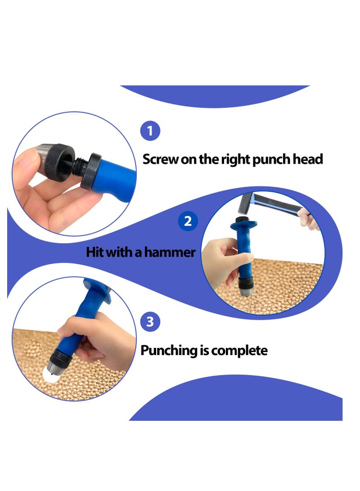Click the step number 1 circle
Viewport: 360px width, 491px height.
coord(150,131)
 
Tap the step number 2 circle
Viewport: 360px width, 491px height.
coord(188,221)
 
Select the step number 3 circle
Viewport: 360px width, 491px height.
coord(150,322)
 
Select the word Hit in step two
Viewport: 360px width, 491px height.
coord(95,252)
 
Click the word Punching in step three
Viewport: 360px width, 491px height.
coord(168,351)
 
